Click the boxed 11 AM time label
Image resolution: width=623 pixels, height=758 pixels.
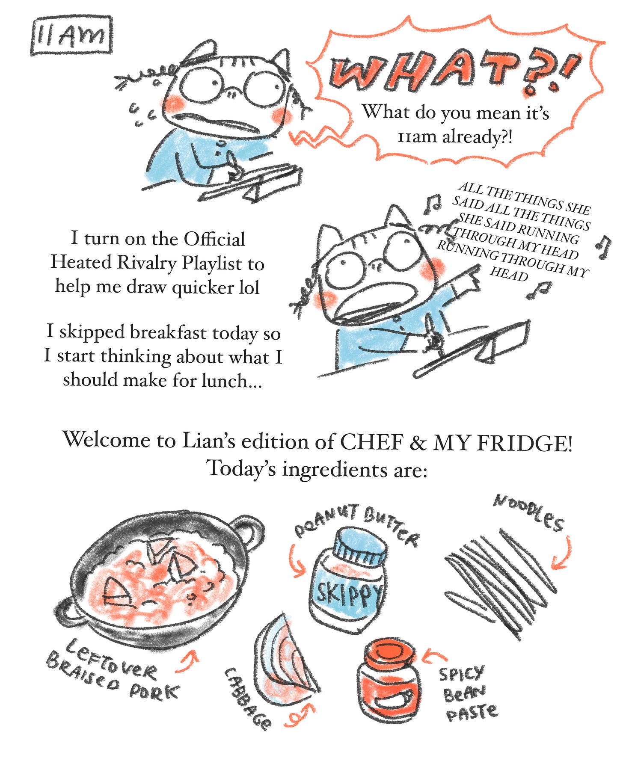(71, 36)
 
